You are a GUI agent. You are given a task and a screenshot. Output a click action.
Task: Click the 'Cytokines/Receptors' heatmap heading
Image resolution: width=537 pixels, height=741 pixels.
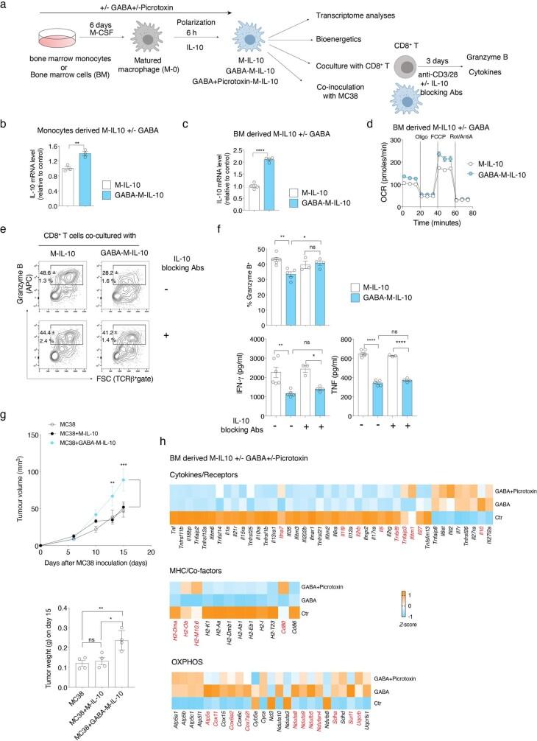tap(270, 496)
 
